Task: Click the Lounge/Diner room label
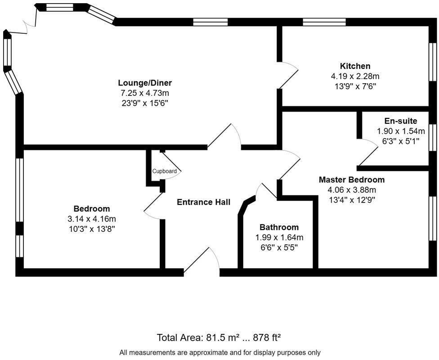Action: pyautogui.click(x=145, y=83)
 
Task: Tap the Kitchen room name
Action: pyautogui.click(x=355, y=66)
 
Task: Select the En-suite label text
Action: pyautogui.click(x=400, y=121)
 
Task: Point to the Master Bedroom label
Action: pyautogui.click(x=351, y=180)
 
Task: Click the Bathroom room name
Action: pyautogui.click(x=279, y=227)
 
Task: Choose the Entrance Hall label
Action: pyautogui.click(x=203, y=202)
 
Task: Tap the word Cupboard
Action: pyautogui.click(x=164, y=171)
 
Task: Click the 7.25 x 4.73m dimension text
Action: pyautogui.click(x=145, y=93)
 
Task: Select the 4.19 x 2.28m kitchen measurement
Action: pyautogui.click(x=355, y=76)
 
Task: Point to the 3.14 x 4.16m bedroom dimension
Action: pyautogui.click(x=92, y=219)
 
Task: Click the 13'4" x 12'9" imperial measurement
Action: pyautogui.click(x=351, y=199)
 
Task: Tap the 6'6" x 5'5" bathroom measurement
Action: pyautogui.click(x=279, y=247)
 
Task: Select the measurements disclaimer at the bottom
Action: pyautogui.click(x=219, y=352)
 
